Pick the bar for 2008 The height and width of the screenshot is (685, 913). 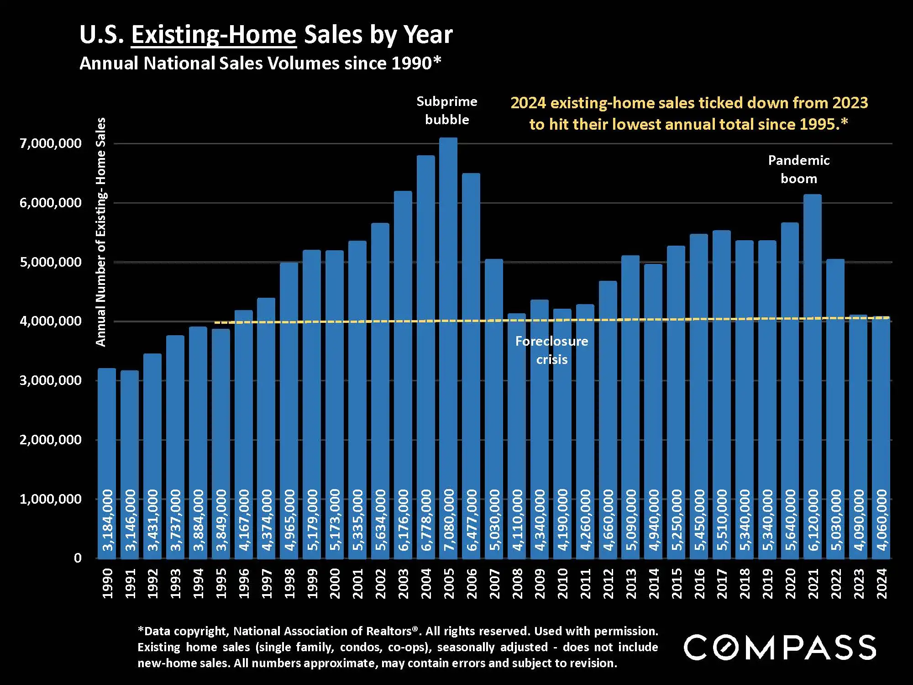(x=517, y=434)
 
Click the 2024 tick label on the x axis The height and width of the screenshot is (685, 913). (x=882, y=583)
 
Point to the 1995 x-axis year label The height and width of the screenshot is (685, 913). (x=221, y=583)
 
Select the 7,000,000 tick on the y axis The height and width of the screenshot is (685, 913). (x=50, y=143)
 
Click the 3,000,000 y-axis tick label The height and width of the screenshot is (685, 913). (x=50, y=380)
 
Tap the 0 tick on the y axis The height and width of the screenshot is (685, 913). (x=78, y=558)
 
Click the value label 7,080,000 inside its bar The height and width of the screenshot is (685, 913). (x=449, y=519)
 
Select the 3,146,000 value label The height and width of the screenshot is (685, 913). (x=131, y=519)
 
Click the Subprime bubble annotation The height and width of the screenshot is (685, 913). (x=447, y=111)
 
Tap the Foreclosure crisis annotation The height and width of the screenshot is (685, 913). (x=551, y=350)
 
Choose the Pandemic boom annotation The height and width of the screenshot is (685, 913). (x=799, y=169)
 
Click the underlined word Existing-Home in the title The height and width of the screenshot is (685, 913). (x=214, y=35)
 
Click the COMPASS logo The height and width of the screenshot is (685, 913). (x=780, y=647)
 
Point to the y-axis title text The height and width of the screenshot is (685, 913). (x=100, y=232)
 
